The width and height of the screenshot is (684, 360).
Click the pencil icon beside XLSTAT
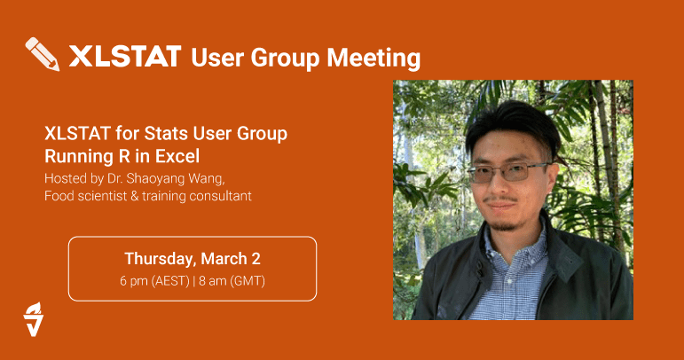[x=43, y=54]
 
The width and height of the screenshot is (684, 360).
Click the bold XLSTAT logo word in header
[x=125, y=57]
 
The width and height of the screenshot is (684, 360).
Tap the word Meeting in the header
[x=373, y=59]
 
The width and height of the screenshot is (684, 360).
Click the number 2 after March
[x=256, y=259]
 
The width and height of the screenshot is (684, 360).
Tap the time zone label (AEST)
[x=170, y=281]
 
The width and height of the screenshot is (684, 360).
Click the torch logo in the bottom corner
[x=33, y=319]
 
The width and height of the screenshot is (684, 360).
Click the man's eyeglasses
[x=509, y=171]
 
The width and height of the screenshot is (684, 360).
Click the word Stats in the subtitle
[x=166, y=133]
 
